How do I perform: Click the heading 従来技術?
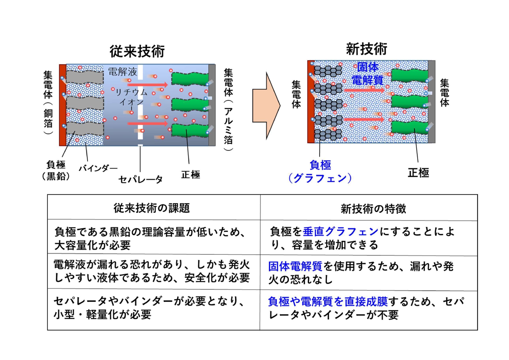click(137, 51)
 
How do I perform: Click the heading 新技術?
click(367, 48)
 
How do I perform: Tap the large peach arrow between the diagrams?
click(266, 106)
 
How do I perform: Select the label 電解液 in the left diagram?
click(122, 71)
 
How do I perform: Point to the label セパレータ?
click(141, 179)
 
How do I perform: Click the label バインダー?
click(98, 168)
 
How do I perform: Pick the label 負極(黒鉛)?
click(56, 170)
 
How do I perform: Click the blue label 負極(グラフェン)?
click(320, 171)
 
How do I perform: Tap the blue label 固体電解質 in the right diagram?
click(368, 73)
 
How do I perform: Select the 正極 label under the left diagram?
click(191, 175)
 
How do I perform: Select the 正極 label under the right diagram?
click(418, 173)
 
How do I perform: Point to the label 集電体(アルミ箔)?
click(229, 110)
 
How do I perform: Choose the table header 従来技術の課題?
click(152, 208)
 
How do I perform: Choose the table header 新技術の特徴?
click(373, 208)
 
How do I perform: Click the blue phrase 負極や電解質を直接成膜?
click(328, 301)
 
